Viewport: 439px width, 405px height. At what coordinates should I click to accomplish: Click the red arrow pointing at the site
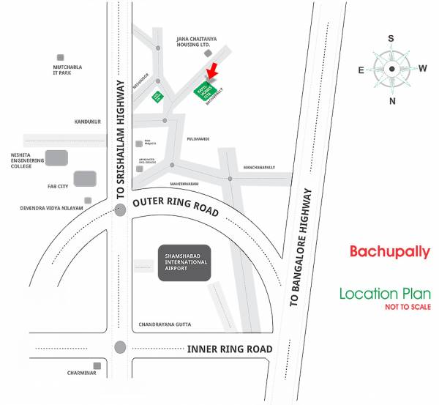click(x=212, y=71)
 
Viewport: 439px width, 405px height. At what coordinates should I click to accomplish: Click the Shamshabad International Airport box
click(x=184, y=262)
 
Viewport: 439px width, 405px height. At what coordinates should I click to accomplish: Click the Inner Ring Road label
click(x=230, y=349)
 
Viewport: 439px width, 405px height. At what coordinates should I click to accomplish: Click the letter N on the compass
click(x=392, y=101)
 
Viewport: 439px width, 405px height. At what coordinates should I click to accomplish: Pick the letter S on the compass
click(x=391, y=39)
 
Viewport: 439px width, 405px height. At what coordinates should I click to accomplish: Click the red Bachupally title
click(x=389, y=252)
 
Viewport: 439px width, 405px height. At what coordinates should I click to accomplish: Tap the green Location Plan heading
click(x=385, y=294)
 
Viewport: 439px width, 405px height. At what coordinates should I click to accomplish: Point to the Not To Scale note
click(x=408, y=307)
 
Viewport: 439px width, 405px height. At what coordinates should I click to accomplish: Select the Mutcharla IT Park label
click(x=70, y=70)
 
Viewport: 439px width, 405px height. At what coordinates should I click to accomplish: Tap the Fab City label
click(x=58, y=186)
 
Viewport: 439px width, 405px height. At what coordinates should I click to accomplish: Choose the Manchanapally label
click(x=259, y=167)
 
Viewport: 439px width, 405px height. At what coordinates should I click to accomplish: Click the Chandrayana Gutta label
click(x=169, y=324)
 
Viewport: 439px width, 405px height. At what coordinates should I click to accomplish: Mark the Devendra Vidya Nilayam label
click(x=51, y=208)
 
